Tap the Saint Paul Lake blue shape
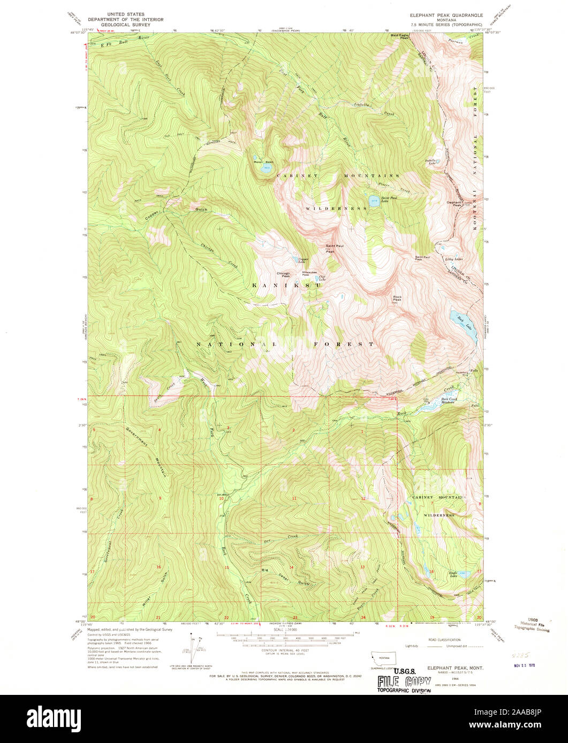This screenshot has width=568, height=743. (x=373, y=202)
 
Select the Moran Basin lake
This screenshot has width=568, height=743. (x=266, y=168)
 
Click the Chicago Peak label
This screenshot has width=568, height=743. (x=283, y=274)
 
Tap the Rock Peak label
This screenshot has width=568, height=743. (x=397, y=298)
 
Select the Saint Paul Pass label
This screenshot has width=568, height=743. (x=423, y=258)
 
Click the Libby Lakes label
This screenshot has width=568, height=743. (x=454, y=259)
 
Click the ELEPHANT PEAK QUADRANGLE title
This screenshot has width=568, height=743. (x=438, y=16)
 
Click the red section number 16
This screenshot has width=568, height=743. (x=158, y=567)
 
